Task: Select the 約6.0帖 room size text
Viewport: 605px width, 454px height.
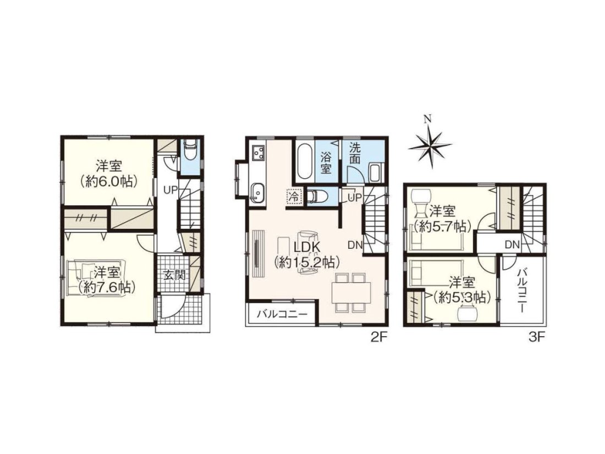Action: [109, 181]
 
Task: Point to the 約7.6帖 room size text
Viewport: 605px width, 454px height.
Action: [107, 287]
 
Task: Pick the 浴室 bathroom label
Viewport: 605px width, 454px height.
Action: [326, 163]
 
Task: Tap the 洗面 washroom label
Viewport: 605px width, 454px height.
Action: [355, 153]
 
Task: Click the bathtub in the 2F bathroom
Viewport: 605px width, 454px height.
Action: [305, 161]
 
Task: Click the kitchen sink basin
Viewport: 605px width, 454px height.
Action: [258, 192]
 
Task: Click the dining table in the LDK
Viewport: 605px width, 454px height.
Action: [351, 292]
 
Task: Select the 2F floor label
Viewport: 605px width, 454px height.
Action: [378, 338]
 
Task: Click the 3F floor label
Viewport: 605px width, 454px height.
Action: [536, 338]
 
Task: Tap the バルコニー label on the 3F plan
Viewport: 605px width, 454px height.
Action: [523, 285]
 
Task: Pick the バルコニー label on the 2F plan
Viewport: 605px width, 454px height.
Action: [282, 314]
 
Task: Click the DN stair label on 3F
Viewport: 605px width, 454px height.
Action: [512, 244]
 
